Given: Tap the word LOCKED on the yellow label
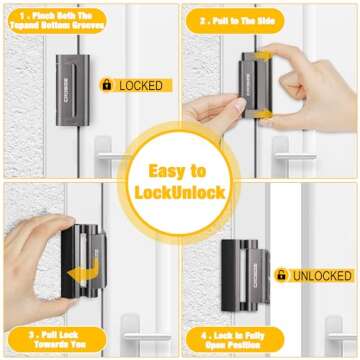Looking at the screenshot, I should click(140, 86).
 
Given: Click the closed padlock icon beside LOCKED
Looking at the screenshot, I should click(107, 86).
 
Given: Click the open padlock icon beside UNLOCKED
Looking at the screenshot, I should click(283, 274).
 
